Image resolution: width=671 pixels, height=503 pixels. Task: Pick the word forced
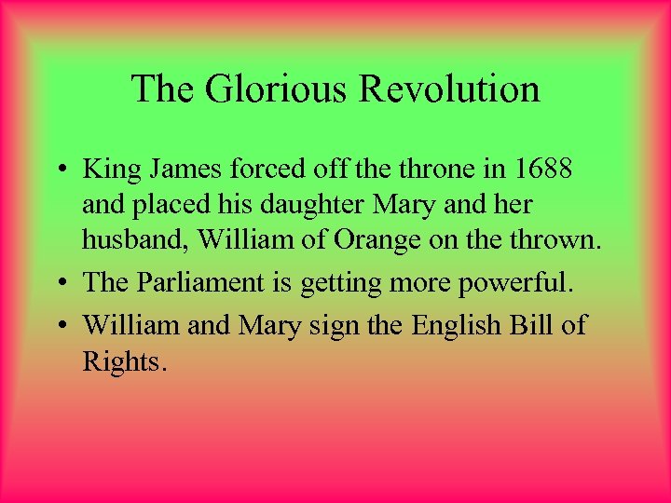(274, 170)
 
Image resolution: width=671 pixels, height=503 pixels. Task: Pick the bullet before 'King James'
(59, 170)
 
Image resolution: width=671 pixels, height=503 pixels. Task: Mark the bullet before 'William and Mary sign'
(59, 325)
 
